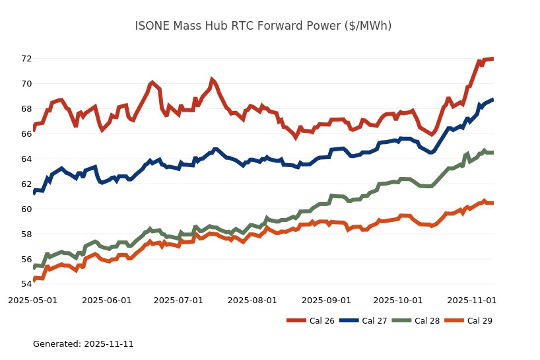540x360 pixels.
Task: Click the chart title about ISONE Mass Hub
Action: click(263, 26)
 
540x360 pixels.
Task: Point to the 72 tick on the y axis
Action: click(26, 58)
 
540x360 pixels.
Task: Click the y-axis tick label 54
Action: click(26, 284)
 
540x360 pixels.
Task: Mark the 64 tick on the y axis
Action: click(26, 159)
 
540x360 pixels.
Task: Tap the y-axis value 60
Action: click(26, 209)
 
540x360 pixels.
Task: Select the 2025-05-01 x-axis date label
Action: click(33, 300)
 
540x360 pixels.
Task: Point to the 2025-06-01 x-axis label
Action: click(107, 300)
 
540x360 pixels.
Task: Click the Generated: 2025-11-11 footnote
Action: click(83, 344)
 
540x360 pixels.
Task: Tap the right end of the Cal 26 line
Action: click(493, 59)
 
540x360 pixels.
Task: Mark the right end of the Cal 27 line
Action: click(493, 100)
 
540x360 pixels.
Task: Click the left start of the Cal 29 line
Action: click(34, 279)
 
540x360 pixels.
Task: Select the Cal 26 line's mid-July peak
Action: click(212, 79)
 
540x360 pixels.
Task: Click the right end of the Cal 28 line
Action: click(493, 153)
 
